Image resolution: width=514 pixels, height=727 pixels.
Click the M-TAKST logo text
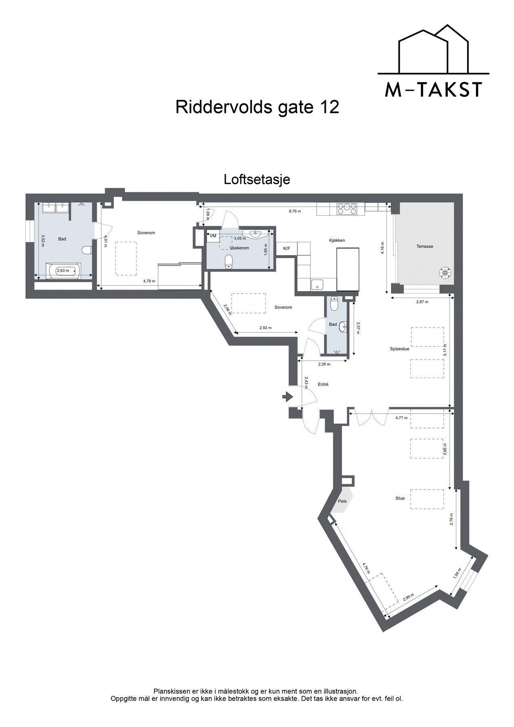click(x=433, y=90)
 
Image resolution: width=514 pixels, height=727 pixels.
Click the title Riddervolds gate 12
click(x=257, y=107)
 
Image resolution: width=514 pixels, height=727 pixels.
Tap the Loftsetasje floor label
click(x=257, y=179)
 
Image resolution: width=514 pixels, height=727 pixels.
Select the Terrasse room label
click(x=425, y=246)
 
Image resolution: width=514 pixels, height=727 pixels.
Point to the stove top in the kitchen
click(x=347, y=209)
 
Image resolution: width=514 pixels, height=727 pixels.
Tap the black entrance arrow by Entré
click(x=287, y=397)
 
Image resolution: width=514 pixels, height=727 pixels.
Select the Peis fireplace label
click(x=342, y=501)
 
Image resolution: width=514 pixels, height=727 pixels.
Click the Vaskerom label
click(x=239, y=248)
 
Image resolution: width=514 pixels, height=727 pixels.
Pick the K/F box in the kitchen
click(x=287, y=248)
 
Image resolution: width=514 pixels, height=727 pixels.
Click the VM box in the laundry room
click(x=213, y=235)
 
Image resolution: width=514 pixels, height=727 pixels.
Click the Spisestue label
click(x=399, y=349)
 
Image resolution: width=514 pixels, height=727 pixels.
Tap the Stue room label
click(x=400, y=498)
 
